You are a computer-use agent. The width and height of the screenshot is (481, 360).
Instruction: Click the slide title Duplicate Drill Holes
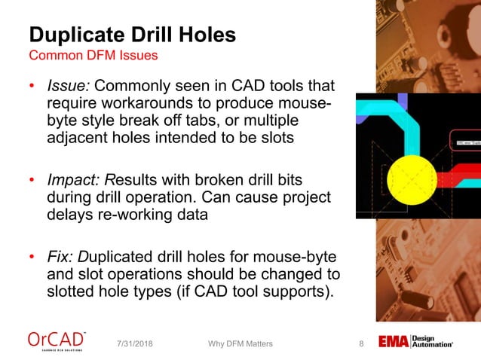132,34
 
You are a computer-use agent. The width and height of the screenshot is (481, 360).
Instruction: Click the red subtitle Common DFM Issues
93,56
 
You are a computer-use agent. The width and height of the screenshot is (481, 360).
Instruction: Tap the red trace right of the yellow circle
460,180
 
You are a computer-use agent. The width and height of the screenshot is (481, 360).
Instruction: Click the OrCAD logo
57,340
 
